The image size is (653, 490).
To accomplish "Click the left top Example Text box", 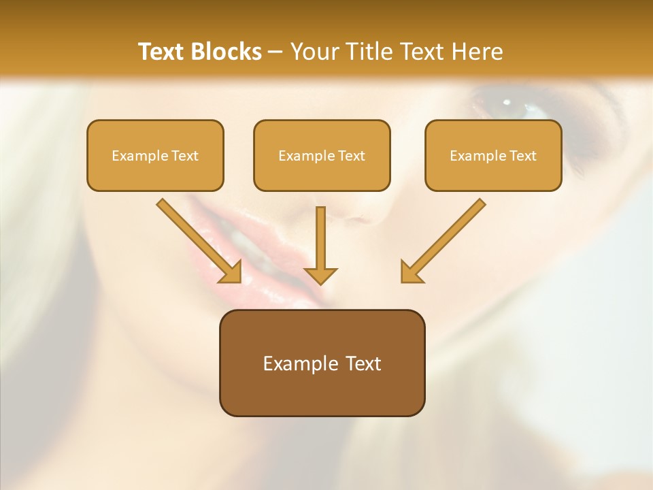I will coord(155,156).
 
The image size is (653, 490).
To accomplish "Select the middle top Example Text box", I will coord(322,156).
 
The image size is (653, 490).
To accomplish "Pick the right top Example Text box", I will coord(493,156).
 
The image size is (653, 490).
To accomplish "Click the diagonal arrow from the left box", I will coord(197,239).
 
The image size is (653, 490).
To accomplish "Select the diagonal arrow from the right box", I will coord(444,239).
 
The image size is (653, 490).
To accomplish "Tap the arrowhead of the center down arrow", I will coord(321,275).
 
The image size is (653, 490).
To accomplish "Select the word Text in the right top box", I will coord(522,156).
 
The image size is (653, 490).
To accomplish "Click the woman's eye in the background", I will coord(506,103).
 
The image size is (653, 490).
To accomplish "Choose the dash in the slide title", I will coord(276,52).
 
